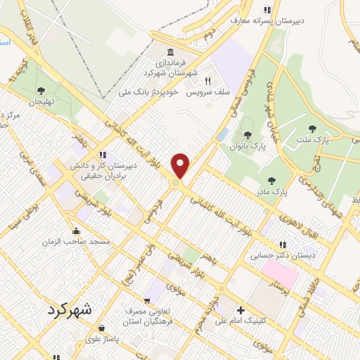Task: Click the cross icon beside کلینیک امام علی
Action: click(240, 310)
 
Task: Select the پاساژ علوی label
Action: click(101, 338)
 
